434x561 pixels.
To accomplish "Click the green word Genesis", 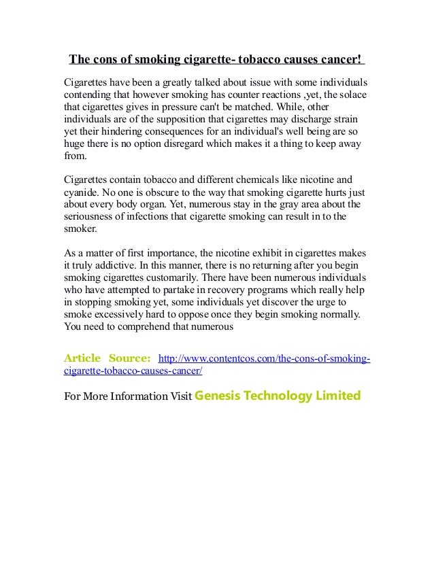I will pos(218,395).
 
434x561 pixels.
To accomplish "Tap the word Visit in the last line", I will pos(179,396).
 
